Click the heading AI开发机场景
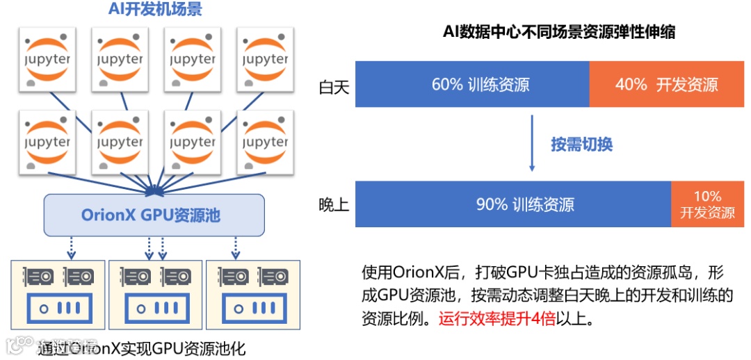(156, 10)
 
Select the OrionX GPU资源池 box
(154, 215)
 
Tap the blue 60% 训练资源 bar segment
(472, 84)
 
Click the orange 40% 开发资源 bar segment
(666, 84)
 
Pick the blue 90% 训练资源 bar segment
(513, 204)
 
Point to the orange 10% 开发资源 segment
(706, 204)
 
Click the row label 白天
(333, 88)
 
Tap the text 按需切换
(581, 145)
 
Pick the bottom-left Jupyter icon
(47, 142)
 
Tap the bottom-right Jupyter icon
(265, 142)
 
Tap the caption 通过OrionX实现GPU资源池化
(142, 348)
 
